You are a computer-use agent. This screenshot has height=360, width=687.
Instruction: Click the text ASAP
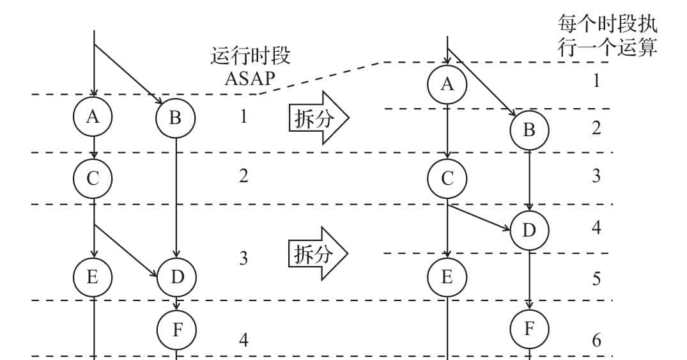[x=251, y=79]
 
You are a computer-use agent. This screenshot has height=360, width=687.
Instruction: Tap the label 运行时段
[x=250, y=56]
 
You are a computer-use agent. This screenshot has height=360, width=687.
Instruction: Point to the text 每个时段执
[x=607, y=26]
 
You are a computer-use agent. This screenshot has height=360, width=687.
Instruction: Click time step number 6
[x=596, y=340]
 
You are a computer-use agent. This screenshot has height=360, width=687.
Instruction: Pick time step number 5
[x=596, y=279]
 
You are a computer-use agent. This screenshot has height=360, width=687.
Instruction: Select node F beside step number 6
[x=529, y=329]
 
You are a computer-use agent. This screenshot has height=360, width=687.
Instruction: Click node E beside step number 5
[x=447, y=277]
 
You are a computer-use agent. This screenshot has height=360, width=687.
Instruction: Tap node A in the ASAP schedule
[x=93, y=116]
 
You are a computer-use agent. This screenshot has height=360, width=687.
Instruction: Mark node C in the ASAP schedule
[x=93, y=178]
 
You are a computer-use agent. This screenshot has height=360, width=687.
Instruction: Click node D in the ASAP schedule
[x=176, y=277]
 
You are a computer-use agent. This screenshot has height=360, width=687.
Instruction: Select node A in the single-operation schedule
[x=447, y=83]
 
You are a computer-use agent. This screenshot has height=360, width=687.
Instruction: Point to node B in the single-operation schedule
[x=529, y=130]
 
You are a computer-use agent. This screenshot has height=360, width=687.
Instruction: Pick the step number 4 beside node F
[x=243, y=339]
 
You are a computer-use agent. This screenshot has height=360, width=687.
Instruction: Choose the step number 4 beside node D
[x=596, y=228]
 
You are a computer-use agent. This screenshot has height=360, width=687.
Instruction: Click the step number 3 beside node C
[x=596, y=176]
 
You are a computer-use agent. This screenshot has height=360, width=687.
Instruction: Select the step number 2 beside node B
[x=596, y=128]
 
